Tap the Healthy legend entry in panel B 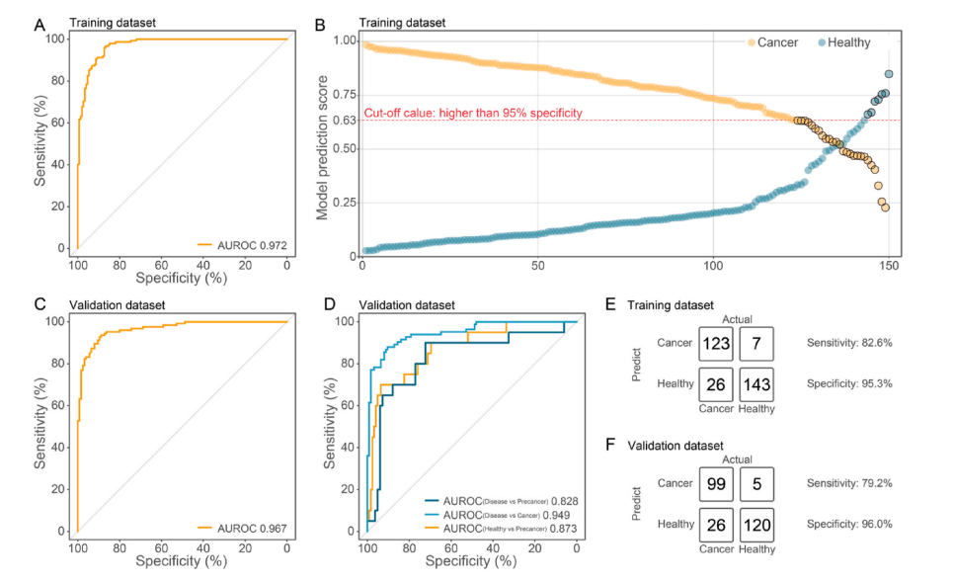(x=845, y=42)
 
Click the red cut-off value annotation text (x=473, y=113)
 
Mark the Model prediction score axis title (x=322, y=148)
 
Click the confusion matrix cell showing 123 (x=717, y=343)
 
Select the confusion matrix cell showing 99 (x=717, y=485)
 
